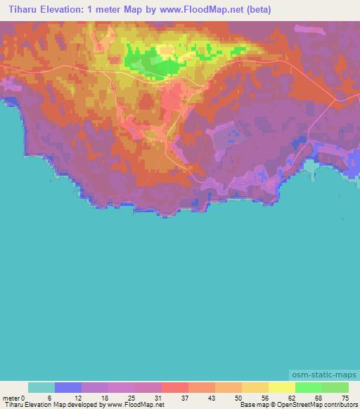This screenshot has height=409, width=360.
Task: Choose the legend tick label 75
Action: pos(344,397)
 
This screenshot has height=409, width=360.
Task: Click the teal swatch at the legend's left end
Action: pos(41,387)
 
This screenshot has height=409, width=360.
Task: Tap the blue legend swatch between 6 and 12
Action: pos(68,387)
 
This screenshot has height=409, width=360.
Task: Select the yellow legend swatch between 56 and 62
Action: pos(282,387)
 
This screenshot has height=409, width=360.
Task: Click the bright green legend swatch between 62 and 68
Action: pos(309,387)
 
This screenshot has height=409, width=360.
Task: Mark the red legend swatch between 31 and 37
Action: pos(175,387)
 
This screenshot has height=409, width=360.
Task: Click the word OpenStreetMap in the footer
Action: pos(295,405)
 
